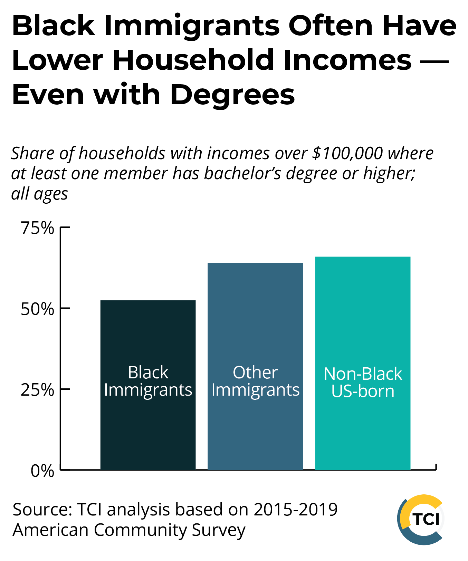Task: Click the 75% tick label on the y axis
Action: [x=37, y=228]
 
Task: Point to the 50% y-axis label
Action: [x=37, y=309]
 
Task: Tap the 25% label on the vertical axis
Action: [x=37, y=390]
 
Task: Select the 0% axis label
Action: [x=42, y=471]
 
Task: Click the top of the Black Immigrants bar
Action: [x=148, y=301]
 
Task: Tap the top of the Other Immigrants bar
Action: [x=255, y=263]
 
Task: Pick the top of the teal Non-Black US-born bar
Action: [x=363, y=257]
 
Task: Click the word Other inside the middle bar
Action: [x=255, y=373]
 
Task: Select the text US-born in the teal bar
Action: [x=363, y=391]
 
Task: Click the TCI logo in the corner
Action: [x=421, y=519]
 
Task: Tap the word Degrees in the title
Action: [x=232, y=95]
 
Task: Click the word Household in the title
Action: [x=193, y=60]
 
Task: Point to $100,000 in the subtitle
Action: [x=347, y=153]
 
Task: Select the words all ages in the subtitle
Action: [x=39, y=193]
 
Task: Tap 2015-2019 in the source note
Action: [x=295, y=510]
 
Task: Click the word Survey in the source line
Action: [x=219, y=530]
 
